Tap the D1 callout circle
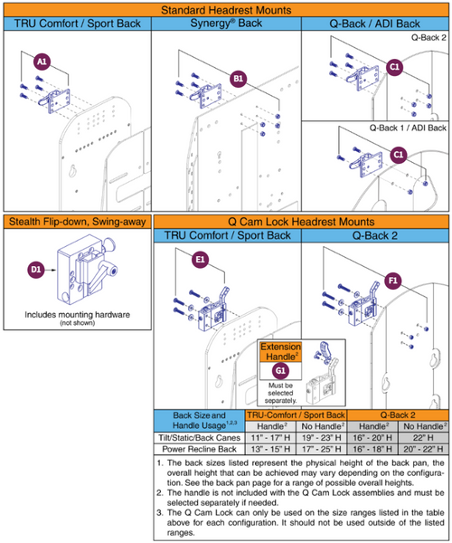(38, 270)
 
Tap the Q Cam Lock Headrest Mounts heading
(300, 222)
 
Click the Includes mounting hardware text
(75, 316)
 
